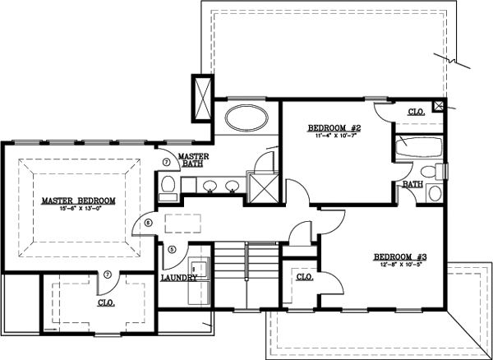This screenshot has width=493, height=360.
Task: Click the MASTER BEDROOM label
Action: [79, 201]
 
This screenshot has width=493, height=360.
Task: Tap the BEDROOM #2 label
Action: [335, 128]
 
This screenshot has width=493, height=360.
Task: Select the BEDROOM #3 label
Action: [399, 256]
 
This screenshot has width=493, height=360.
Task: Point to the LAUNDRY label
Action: [179, 278]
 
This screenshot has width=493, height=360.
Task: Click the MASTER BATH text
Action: [194, 160]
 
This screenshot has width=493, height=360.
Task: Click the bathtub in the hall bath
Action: [414, 151]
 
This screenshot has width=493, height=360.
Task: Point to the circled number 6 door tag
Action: [149, 223]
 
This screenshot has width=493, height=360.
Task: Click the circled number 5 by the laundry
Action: [173, 249]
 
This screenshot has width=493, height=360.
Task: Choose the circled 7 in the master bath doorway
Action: [166, 163]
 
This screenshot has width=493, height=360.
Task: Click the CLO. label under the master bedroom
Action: [107, 302]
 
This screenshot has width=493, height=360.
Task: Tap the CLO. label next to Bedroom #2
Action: [417, 112]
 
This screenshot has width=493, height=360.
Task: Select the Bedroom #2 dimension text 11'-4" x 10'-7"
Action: [335, 137]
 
